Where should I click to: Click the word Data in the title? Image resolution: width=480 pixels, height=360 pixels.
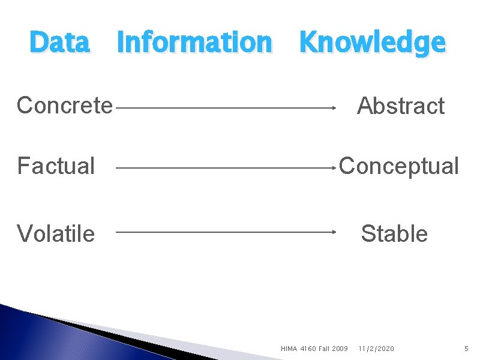coord(59,42)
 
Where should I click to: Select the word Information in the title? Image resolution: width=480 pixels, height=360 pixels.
coord(194,42)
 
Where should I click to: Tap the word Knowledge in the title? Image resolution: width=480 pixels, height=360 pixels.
coord(372,43)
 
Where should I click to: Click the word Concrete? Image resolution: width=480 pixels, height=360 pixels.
coord(65,105)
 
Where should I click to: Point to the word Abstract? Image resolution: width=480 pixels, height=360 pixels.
coord(400,106)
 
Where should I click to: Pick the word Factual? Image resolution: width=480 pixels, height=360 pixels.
coord(56,166)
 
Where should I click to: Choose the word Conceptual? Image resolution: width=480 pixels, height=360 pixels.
coord(399,166)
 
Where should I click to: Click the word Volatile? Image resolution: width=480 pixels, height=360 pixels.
coord(56,233)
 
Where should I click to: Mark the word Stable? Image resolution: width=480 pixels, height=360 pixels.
coord(394,233)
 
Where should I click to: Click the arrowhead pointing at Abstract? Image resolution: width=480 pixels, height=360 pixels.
coord(333,108)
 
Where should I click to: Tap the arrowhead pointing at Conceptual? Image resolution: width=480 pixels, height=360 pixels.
coord(333,169)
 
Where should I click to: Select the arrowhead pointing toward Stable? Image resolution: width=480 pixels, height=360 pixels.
coord(333,232)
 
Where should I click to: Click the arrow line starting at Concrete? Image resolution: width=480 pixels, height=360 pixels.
coord(222,108)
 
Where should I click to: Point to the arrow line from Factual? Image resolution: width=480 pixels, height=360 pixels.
coord(222,169)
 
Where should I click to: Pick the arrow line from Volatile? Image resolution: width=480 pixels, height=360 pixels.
coord(222,232)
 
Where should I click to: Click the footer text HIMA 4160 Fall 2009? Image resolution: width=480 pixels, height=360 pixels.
coord(314,349)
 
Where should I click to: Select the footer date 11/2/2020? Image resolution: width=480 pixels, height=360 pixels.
coord(376,349)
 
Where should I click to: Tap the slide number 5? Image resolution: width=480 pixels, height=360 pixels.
coord(466,349)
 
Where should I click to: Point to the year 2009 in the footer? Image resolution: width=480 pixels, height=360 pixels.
coord(339,349)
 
